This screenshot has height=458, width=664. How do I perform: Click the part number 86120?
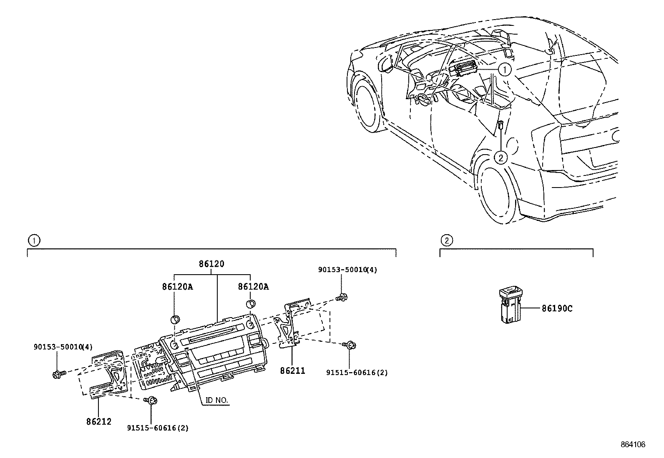[x=211, y=264]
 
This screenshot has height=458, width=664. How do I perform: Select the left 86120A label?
[x=177, y=287]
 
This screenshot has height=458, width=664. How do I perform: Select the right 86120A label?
[x=253, y=287]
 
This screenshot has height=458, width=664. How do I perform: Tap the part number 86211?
[x=292, y=370]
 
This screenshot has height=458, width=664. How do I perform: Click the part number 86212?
[x=99, y=421]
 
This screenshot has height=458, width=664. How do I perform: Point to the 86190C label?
[x=557, y=308]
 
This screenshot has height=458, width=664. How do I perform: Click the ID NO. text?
[x=217, y=400]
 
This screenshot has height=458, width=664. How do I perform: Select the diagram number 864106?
[x=633, y=445]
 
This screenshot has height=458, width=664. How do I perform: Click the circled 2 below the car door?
[x=501, y=158]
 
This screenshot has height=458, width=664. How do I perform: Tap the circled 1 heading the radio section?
[x=33, y=240]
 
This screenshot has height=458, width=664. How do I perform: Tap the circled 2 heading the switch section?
[x=446, y=240]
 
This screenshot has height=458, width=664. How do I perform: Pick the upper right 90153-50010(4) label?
[x=347, y=270]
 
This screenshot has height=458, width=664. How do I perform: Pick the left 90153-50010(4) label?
[x=63, y=346]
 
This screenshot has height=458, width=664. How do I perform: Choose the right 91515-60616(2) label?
[x=357, y=373]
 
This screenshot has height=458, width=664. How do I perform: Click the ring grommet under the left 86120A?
[x=175, y=320]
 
